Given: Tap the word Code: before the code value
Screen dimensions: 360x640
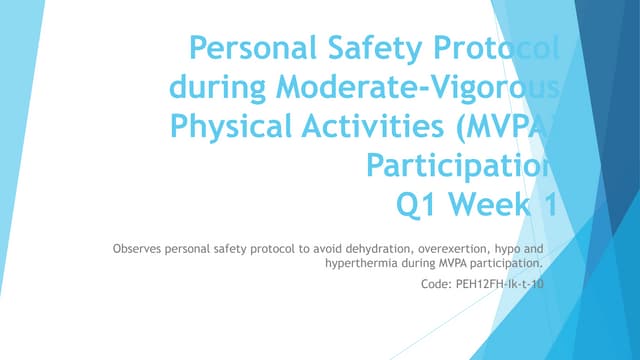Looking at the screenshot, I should [x=438, y=285].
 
